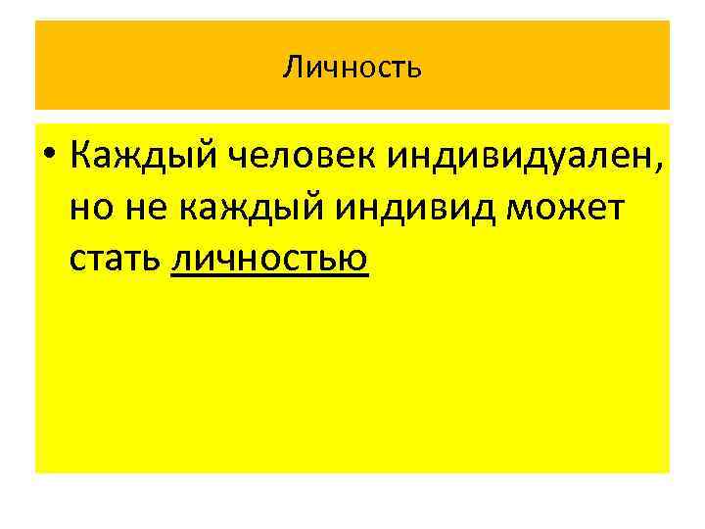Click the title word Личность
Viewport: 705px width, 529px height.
tap(352, 67)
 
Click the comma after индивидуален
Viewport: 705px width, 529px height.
tap(657, 167)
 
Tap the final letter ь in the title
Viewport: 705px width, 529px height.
tap(415, 68)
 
